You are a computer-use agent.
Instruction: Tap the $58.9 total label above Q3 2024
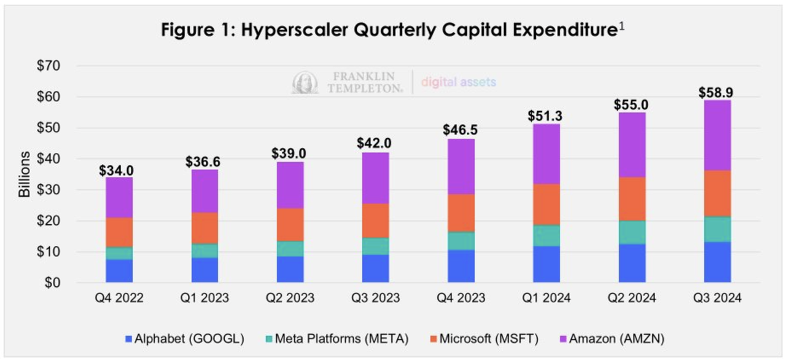pos(717,93)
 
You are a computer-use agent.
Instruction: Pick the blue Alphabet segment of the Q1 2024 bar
pos(545,264)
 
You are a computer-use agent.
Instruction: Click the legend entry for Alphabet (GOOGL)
pos(184,337)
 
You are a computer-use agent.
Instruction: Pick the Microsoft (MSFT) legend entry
pos(486,337)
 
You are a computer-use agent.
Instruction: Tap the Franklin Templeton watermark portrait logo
pos(305,83)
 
